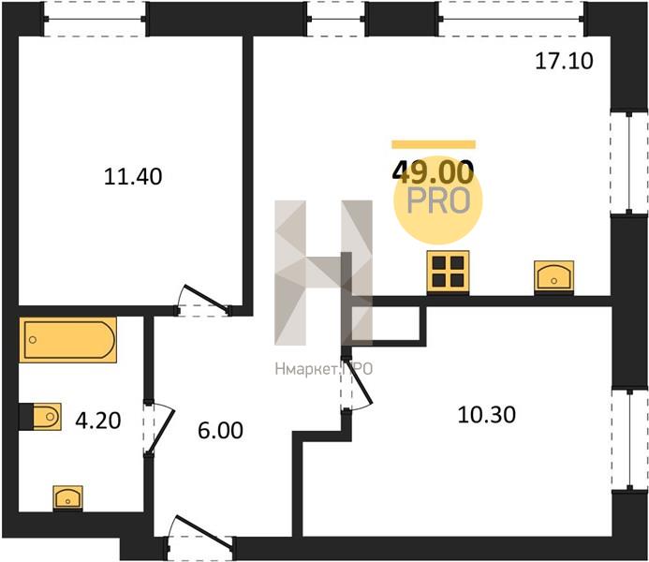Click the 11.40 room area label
tap(133, 177)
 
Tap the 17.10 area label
tap(564, 61)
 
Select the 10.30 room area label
tap(487, 415)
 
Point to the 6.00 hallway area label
tap(220, 430)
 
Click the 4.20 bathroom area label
tap(98, 421)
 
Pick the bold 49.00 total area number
tap(433, 172)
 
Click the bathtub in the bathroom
tap(67, 340)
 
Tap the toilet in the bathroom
tap(40, 416)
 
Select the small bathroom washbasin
tap(67, 498)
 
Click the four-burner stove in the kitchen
tap(448, 272)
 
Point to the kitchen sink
tap(553, 277)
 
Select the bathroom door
tap(158, 428)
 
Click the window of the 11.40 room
tap(95, 19)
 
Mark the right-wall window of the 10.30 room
tap(629, 440)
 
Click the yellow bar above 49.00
tap(434, 144)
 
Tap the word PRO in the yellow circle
tap(438, 201)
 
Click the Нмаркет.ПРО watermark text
tap(324, 369)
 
